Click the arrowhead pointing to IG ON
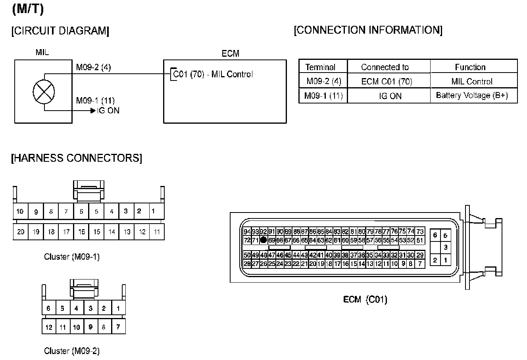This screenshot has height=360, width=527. click(x=93, y=111)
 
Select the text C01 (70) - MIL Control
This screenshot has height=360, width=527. click(x=213, y=74)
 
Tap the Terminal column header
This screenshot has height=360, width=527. click(x=320, y=67)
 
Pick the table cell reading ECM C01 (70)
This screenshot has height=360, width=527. click(x=387, y=82)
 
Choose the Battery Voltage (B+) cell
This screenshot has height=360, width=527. click(x=472, y=96)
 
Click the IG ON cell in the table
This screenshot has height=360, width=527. click(x=390, y=96)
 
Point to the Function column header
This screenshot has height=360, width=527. click(x=470, y=67)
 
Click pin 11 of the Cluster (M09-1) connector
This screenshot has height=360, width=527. click(x=157, y=232)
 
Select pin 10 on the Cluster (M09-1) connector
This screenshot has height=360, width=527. click(x=20, y=211)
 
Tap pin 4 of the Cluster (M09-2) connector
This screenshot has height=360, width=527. click(x=76, y=308)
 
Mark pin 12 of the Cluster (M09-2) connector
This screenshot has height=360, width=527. click(x=49, y=327)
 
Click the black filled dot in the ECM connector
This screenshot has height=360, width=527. click(x=263, y=240)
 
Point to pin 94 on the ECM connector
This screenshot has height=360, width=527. click(x=247, y=232)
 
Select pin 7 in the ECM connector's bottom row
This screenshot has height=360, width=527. click(x=420, y=263)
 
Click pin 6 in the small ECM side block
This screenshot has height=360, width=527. click(x=435, y=235)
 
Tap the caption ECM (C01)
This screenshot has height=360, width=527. click(x=365, y=299)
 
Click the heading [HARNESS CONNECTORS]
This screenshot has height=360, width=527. click(x=77, y=158)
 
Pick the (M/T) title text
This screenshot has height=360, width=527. click(x=28, y=9)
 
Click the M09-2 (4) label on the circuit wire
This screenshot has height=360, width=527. click(x=94, y=67)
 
